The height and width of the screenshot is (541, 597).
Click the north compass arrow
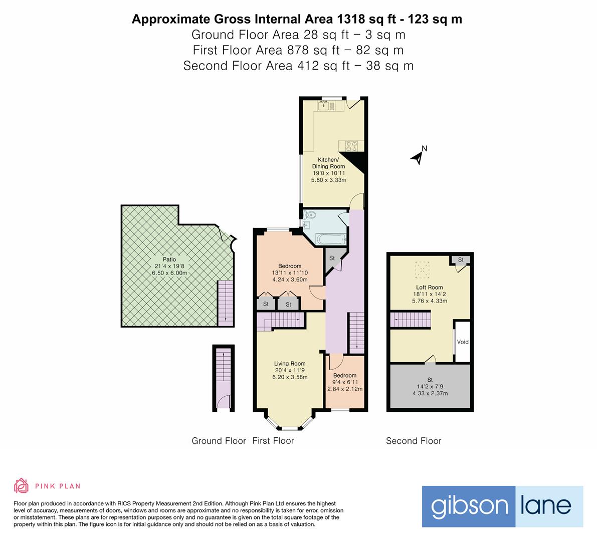coord(418,157)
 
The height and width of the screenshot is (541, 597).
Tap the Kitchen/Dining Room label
coord(329,163)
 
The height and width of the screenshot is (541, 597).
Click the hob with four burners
coord(351,145)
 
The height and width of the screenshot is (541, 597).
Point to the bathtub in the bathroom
coord(329,239)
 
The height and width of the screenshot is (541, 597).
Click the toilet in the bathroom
coord(310,215)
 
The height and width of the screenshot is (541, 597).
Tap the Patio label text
coord(169,259)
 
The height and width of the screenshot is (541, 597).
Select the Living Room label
coord(290,364)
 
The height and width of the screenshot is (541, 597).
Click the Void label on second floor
coord(463,342)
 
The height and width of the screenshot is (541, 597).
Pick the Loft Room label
coord(416,288)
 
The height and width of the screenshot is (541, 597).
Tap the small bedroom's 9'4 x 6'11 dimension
coord(345,382)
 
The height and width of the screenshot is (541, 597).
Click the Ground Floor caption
coord(219,441)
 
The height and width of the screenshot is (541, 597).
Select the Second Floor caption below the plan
coord(414,441)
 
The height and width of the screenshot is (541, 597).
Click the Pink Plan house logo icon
coord(21,485)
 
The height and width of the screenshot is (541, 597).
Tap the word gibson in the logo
coord(469,506)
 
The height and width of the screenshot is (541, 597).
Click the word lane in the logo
coord(549,506)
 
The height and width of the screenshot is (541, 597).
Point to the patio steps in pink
coord(225,304)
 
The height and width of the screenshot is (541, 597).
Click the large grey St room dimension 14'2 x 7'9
coord(430,386)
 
